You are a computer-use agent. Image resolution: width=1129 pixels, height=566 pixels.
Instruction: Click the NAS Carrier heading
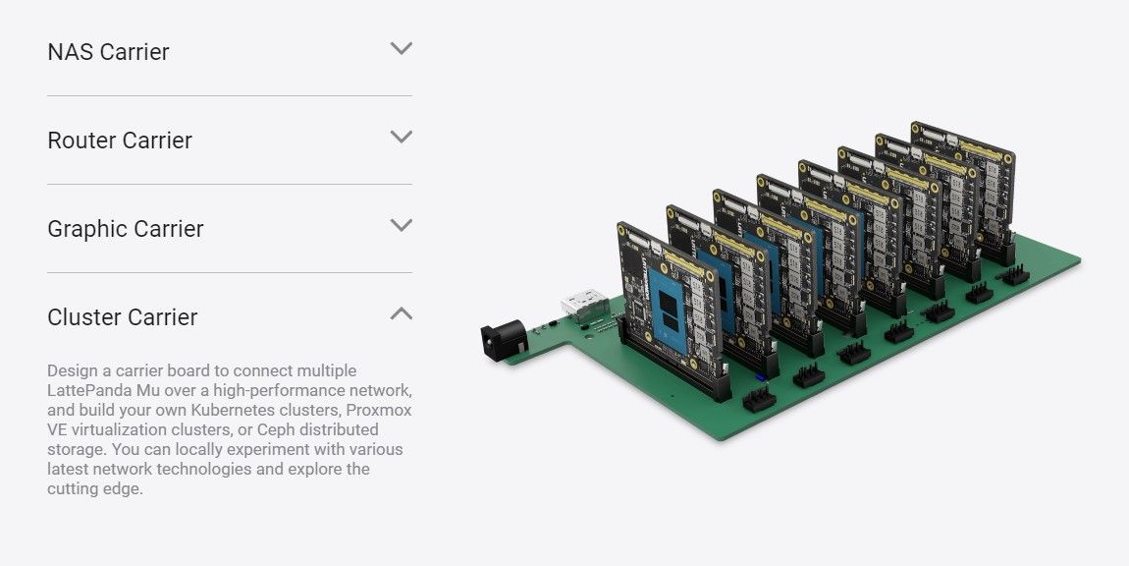point(108,52)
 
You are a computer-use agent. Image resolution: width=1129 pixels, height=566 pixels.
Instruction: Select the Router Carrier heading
point(120,141)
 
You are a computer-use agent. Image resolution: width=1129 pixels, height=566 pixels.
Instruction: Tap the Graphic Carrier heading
point(126,229)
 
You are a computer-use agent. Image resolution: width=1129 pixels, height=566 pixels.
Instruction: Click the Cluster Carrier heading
point(123,317)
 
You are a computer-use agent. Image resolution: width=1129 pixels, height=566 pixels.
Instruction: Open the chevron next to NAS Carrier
point(402,48)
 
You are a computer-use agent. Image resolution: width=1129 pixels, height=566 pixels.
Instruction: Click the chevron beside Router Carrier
point(402,137)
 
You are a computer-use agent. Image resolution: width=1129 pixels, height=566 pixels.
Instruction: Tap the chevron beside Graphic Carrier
point(402,225)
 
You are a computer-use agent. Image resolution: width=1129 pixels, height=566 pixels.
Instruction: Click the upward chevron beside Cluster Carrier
point(402,312)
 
